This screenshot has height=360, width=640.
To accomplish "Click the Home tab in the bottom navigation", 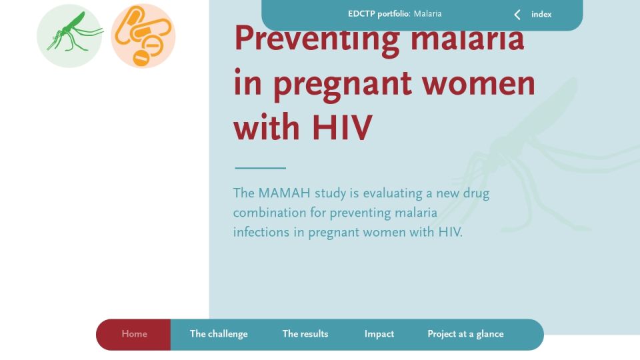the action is (x=134, y=334).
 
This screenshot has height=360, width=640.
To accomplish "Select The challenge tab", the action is (x=219, y=334).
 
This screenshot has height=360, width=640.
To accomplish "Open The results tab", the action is (x=305, y=334).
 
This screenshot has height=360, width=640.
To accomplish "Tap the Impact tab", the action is (x=379, y=334).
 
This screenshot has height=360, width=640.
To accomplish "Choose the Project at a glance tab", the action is (x=465, y=334).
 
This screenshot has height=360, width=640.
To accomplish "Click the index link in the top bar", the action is (x=541, y=14).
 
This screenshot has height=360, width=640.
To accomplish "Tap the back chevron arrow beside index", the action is (x=517, y=15).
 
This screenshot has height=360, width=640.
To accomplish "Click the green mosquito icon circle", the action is (x=69, y=36).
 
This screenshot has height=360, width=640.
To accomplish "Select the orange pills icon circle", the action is (x=143, y=36).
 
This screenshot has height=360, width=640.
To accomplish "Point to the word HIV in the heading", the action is (x=342, y=128).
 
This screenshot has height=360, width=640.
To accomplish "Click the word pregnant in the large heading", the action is (x=343, y=86).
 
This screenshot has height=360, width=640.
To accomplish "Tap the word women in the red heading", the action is (x=479, y=83).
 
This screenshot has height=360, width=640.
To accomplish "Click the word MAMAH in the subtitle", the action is (x=284, y=193).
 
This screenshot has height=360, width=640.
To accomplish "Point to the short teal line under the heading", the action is (x=261, y=168).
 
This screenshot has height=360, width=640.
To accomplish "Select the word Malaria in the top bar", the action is (x=428, y=14).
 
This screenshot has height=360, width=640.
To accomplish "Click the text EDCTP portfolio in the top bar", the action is (x=379, y=14).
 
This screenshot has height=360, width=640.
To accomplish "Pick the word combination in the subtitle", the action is (x=269, y=213).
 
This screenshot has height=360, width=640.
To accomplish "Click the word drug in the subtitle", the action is (x=476, y=194).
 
